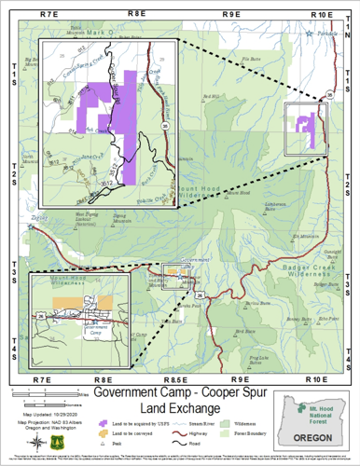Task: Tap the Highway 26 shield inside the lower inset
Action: point(42,316)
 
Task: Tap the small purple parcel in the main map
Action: point(304,124)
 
